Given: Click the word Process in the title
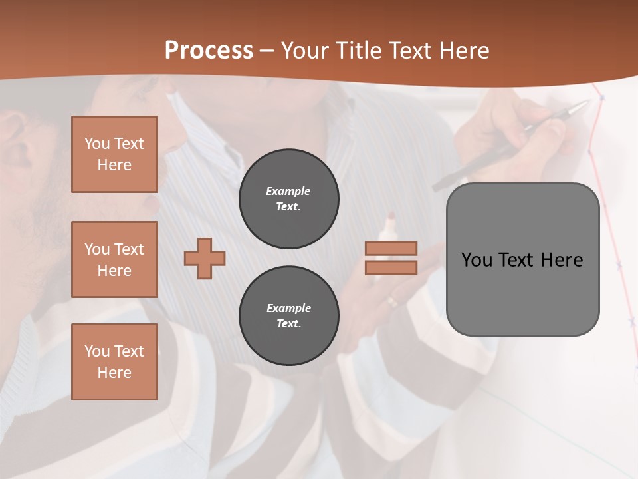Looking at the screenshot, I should (x=209, y=51).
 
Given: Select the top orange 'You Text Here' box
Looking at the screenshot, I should (x=114, y=154).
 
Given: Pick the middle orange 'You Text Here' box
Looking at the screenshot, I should (x=114, y=259).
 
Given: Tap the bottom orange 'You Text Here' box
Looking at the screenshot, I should (x=114, y=362).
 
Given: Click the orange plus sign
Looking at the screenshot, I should (x=205, y=258).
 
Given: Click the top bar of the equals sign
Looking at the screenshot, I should (x=391, y=248).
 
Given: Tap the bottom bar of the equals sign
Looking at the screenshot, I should (x=391, y=267).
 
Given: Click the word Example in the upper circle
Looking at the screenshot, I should (x=288, y=191).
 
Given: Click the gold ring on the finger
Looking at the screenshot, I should (x=393, y=301).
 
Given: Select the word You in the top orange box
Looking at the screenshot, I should (x=96, y=144).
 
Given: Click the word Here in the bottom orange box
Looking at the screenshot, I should (x=114, y=373).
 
